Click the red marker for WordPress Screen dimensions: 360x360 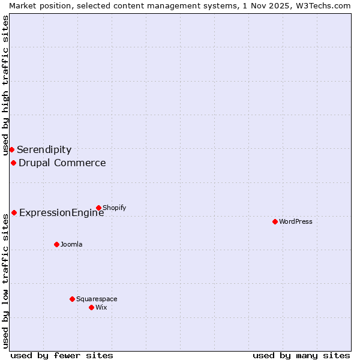click(275, 221)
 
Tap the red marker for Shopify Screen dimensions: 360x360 click(98, 208)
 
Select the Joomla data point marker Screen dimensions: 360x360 click(56, 244)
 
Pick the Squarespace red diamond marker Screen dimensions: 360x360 click(72, 299)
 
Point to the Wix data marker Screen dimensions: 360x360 click(91, 307)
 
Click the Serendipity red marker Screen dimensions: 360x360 click(11, 149)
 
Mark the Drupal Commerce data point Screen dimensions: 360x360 click(13, 163)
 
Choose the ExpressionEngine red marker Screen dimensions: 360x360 click(14, 212)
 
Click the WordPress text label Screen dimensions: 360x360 click(296, 221)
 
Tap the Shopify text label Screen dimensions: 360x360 click(114, 208)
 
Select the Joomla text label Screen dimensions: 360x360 click(71, 244)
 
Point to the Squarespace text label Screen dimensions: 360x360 click(97, 299)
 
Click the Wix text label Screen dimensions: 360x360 click(101, 307)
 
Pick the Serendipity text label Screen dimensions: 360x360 click(44, 150)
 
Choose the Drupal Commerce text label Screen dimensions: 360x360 click(62, 163)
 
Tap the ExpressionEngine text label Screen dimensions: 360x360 click(61, 213)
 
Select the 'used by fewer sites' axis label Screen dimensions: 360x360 click(62, 355)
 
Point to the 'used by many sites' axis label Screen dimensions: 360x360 click(301, 355)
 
